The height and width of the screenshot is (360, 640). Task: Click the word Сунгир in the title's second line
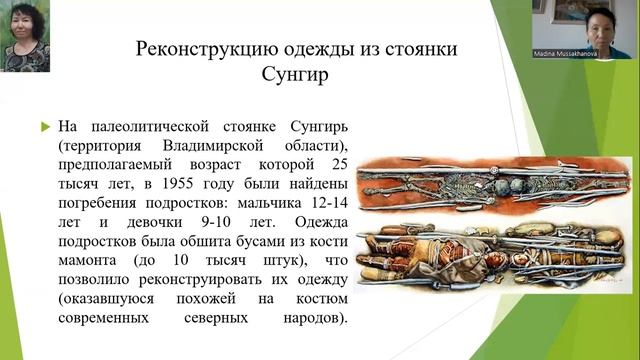click(x=319, y=76)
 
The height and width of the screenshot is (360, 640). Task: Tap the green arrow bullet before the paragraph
click(x=44, y=126)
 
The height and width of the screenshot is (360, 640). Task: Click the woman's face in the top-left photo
click(x=27, y=24)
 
